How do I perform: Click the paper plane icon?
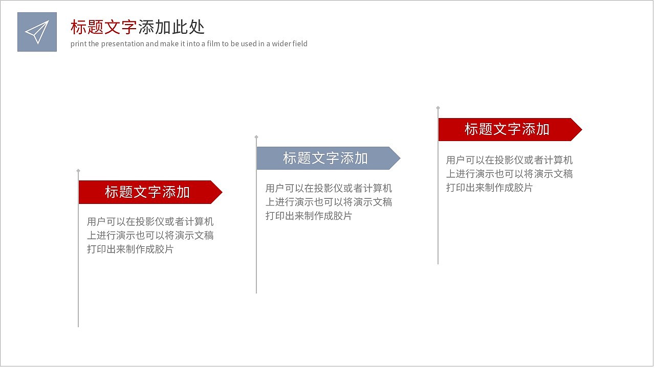pyautogui.click(x=37, y=32)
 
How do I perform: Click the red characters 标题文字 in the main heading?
pyautogui.click(x=104, y=27)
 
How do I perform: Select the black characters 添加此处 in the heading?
pyautogui.click(x=171, y=27)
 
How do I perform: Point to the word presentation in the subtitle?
pyautogui.click(x=123, y=44)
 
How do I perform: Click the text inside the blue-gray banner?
pyautogui.click(x=325, y=158)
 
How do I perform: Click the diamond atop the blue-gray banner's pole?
pyautogui.click(x=256, y=137)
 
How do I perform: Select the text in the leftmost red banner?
pyautogui.click(x=147, y=192)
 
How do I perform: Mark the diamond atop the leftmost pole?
pyautogui.click(x=78, y=170)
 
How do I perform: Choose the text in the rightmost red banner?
pyautogui.click(x=507, y=129)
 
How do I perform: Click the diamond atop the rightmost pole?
pyautogui.click(x=438, y=108)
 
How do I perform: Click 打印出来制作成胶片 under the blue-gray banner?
pyautogui.click(x=309, y=216)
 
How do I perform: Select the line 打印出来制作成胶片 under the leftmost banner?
pyautogui.click(x=130, y=249)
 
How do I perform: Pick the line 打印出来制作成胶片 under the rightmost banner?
pyautogui.click(x=489, y=188)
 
